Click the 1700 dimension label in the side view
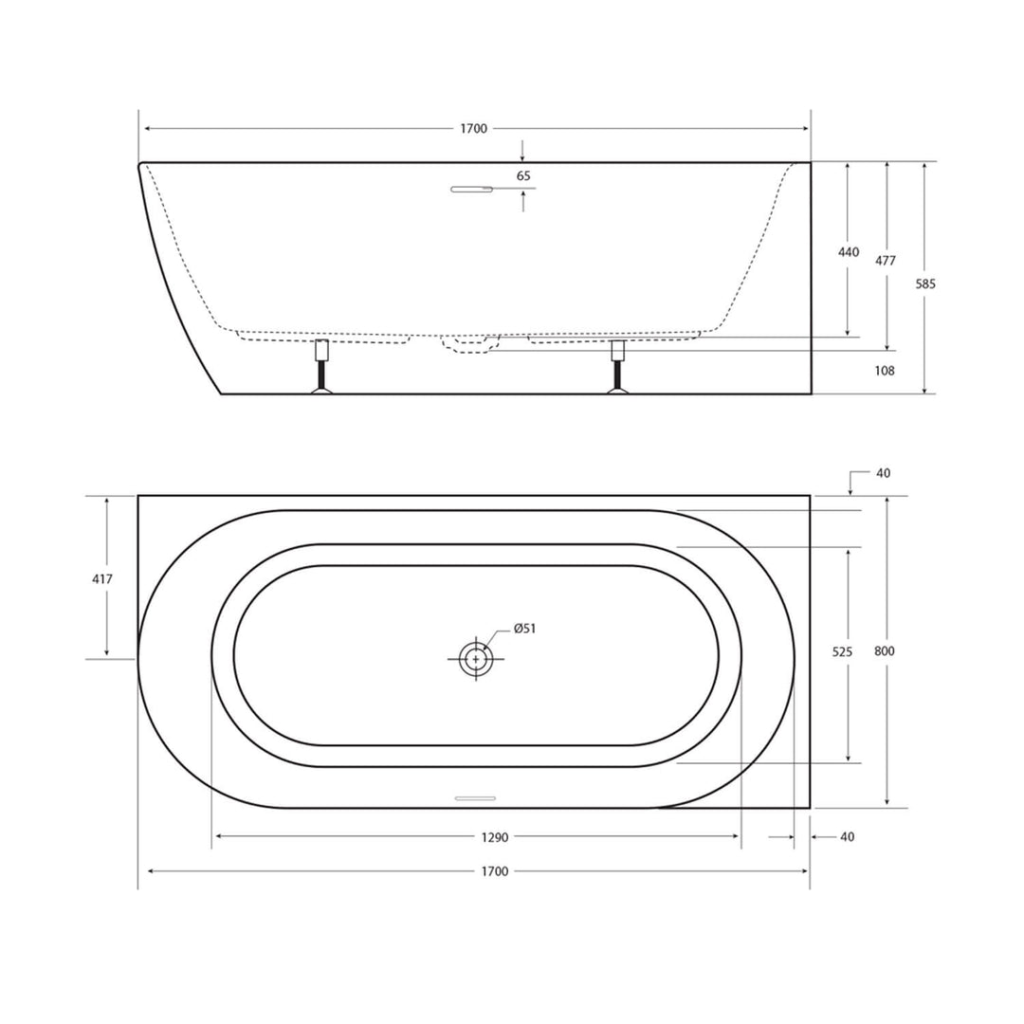pyautogui.click(x=474, y=129)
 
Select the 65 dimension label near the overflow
pyautogui.click(x=523, y=175)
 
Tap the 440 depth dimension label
pyautogui.click(x=849, y=252)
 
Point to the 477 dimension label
pyautogui.click(x=886, y=261)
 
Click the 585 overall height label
pyautogui.click(x=925, y=283)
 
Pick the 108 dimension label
pyautogui.click(x=885, y=371)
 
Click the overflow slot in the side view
pyautogui.click(x=471, y=189)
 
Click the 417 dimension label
pyautogui.click(x=101, y=578)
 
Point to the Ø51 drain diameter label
pyautogui.click(x=525, y=628)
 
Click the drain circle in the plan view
pyautogui.click(x=474, y=658)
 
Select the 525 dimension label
pyautogui.click(x=843, y=651)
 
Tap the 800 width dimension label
pyautogui.click(x=885, y=651)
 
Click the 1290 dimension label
pyautogui.click(x=495, y=837)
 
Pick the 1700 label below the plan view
pyautogui.click(x=495, y=871)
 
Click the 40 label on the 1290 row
pyautogui.click(x=848, y=837)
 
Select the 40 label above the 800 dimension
pyautogui.click(x=884, y=473)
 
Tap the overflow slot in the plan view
pyautogui.click(x=475, y=798)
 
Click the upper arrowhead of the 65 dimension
pyautogui.click(x=522, y=156)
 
